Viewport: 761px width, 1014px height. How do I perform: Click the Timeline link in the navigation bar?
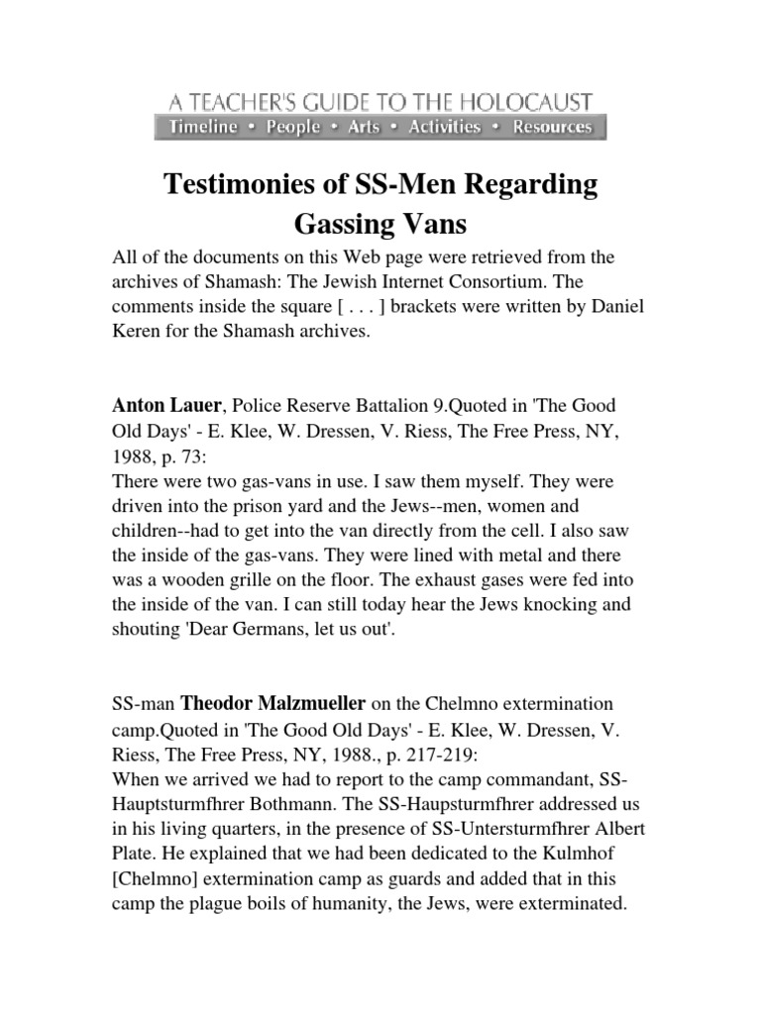(x=203, y=127)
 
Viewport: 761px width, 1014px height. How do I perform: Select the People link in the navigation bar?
(x=293, y=127)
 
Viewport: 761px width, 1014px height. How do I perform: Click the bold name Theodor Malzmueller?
(x=272, y=704)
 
